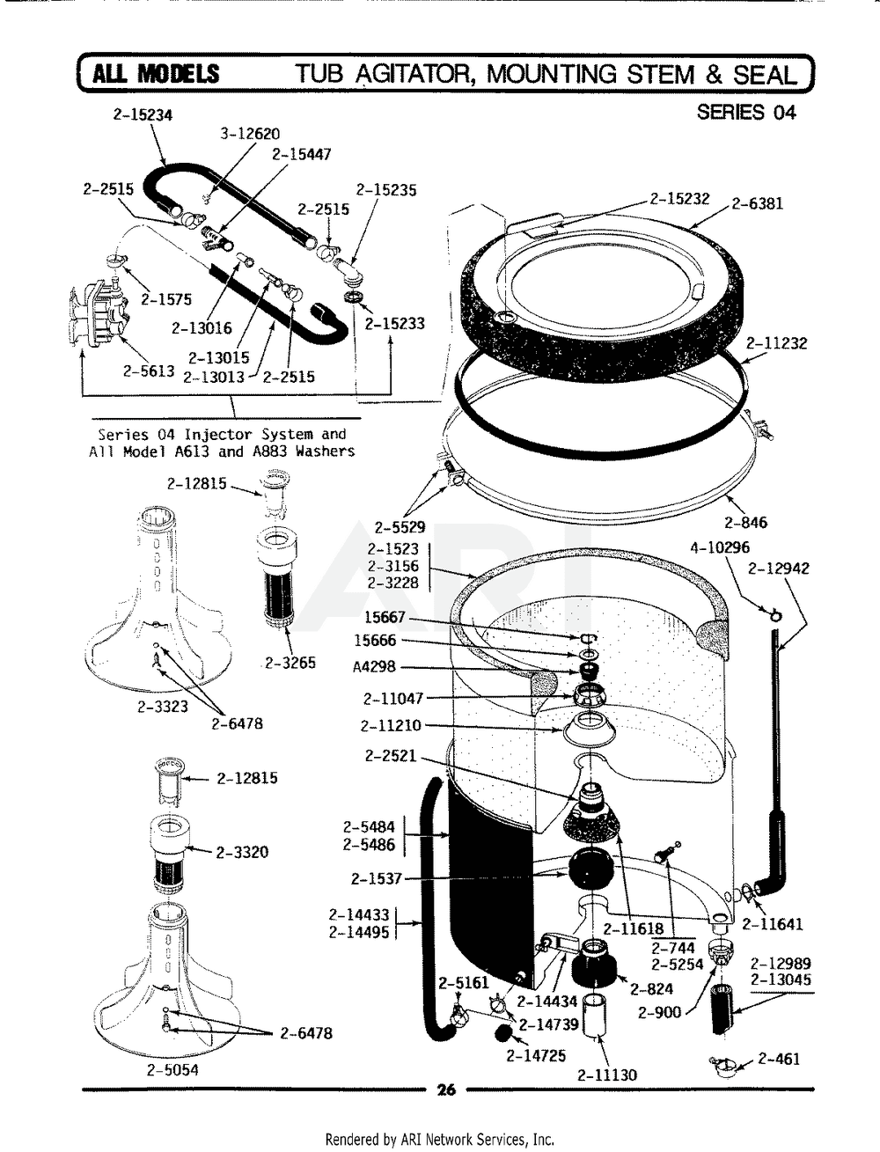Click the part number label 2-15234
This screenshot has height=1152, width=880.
pyautogui.click(x=143, y=114)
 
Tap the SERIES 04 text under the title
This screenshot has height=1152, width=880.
pyautogui.click(x=745, y=112)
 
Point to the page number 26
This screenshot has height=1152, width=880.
pyautogui.click(x=446, y=1090)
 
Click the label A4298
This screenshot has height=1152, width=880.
pyautogui.click(x=375, y=667)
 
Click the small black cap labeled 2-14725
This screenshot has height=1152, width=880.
pyautogui.click(x=503, y=1032)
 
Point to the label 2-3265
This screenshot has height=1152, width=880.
pyautogui.click(x=290, y=663)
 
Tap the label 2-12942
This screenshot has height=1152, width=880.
pyautogui.click(x=778, y=569)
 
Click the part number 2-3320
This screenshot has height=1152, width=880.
pyautogui.click(x=243, y=852)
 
